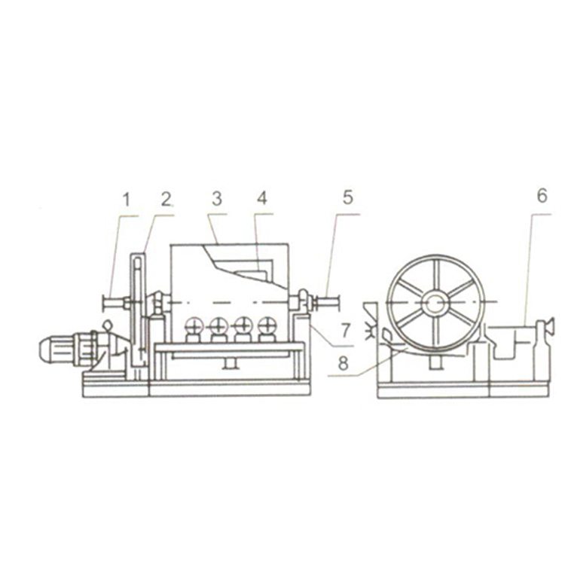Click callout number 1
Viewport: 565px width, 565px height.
tap(126, 200)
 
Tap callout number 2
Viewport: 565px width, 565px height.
tap(166, 200)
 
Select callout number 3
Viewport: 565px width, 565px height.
tap(216, 200)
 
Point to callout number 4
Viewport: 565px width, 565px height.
tap(262, 198)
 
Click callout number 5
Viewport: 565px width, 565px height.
tap(348, 197)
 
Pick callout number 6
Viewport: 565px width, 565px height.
tap(542, 196)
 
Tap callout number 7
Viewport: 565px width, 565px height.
tap(346, 330)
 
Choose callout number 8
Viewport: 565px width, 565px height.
tap(343, 363)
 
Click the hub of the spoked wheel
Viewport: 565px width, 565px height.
tap(435, 303)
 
